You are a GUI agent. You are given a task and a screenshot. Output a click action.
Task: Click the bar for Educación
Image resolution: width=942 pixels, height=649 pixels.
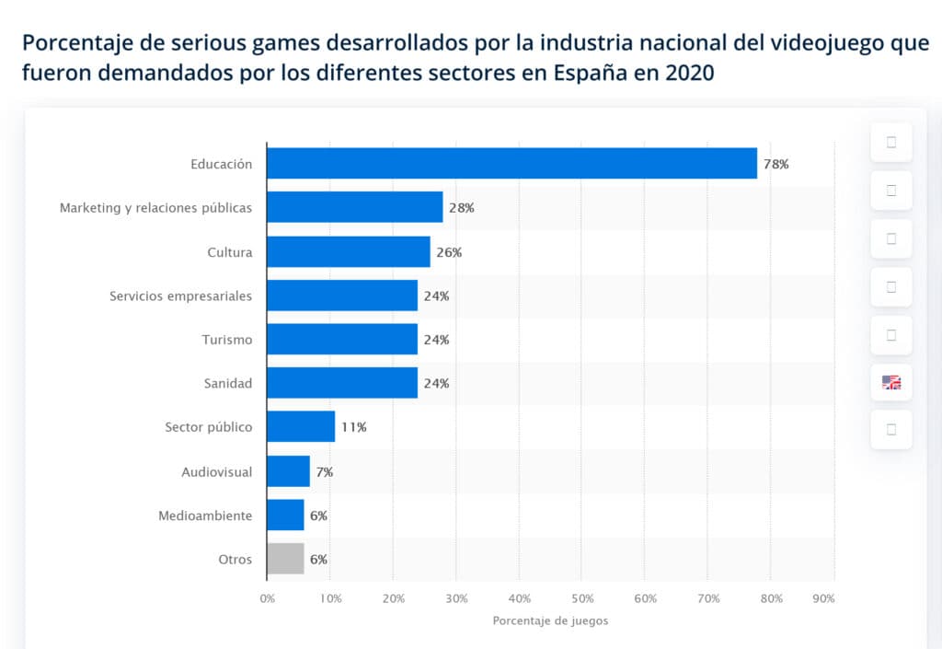pos(511,164)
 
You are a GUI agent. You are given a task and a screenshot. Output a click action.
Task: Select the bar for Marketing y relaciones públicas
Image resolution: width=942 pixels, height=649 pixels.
pos(354,208)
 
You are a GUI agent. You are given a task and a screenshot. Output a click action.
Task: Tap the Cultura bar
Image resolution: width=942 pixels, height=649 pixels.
pos(348,252)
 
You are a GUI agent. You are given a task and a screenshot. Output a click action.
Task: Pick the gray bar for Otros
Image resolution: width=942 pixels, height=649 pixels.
pos(285,559)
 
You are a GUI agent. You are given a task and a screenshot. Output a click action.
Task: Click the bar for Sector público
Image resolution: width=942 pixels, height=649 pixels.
pos(301,427)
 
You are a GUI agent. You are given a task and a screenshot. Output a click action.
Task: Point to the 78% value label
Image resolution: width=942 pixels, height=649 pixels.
pos(775,165)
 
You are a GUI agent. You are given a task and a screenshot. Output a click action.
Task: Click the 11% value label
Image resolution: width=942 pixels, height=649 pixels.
pos(353,427)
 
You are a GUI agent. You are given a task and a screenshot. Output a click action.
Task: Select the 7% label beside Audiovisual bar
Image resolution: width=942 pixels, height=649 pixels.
pos(324,472)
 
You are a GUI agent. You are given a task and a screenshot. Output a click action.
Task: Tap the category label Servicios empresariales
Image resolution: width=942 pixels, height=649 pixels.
pos(180,296)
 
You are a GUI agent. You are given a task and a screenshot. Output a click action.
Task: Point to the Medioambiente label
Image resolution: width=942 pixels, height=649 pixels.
pos(205,516)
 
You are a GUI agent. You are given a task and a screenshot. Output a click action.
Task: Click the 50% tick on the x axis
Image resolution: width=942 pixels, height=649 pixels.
pos(581,599)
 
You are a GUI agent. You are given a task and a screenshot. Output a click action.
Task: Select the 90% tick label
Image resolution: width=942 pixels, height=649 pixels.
pos(824,599)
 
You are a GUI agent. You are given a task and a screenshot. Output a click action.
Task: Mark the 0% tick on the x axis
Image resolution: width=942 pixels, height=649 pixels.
pos(267,599)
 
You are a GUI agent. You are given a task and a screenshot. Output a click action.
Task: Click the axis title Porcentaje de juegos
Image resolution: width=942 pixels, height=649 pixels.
pos(550,621)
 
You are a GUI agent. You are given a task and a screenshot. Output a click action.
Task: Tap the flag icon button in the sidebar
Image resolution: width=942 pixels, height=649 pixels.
pos(891,382)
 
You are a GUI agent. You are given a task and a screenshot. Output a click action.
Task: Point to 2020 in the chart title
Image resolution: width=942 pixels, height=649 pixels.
pos(689,73)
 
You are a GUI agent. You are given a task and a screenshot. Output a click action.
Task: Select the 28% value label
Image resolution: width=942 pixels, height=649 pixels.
pos(461,208)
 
